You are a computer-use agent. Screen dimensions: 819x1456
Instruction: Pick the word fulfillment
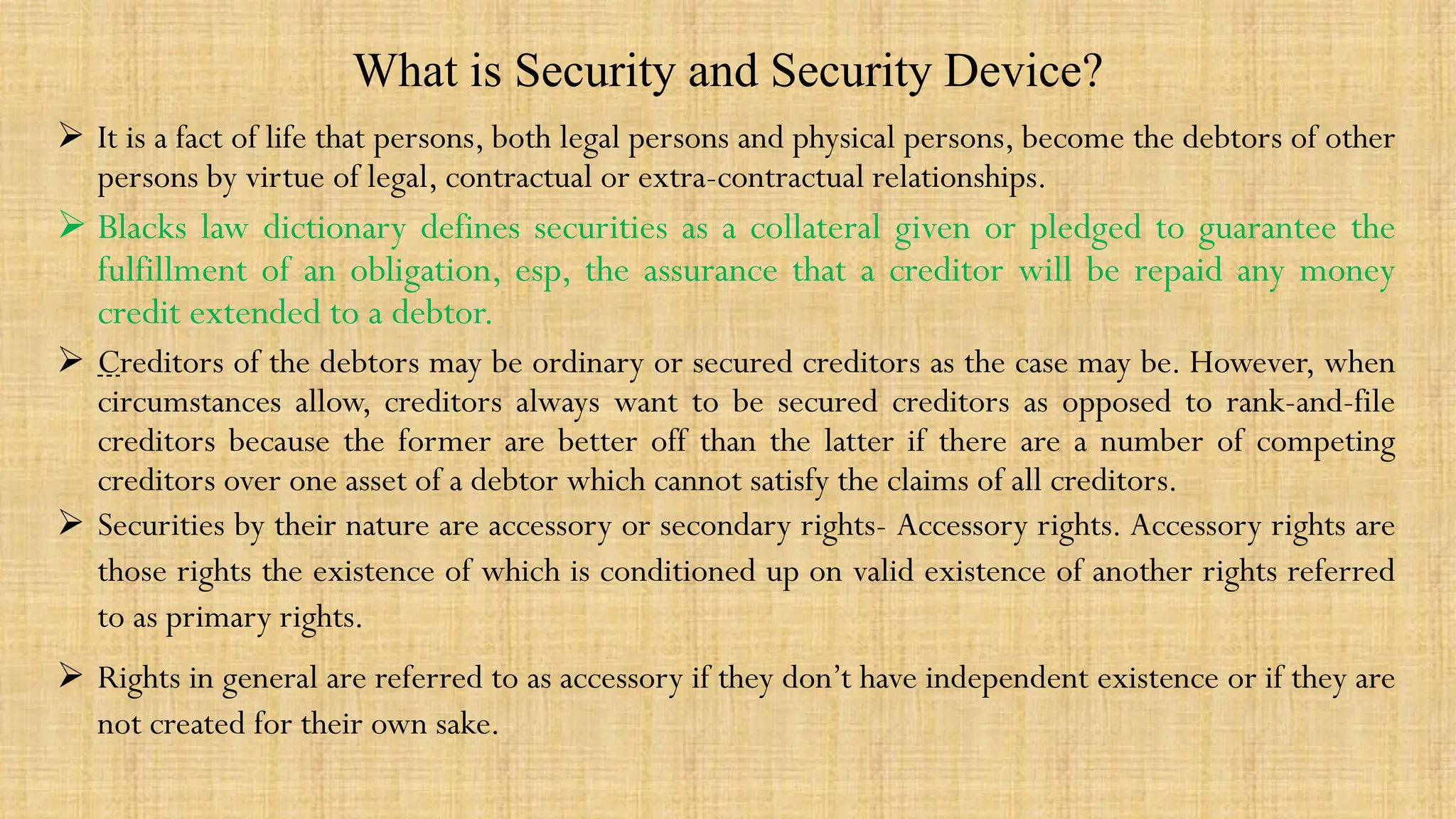point(172,271)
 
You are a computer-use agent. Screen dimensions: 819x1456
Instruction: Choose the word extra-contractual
point(751,176)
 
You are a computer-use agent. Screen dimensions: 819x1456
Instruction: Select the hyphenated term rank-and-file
point(1310,402)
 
